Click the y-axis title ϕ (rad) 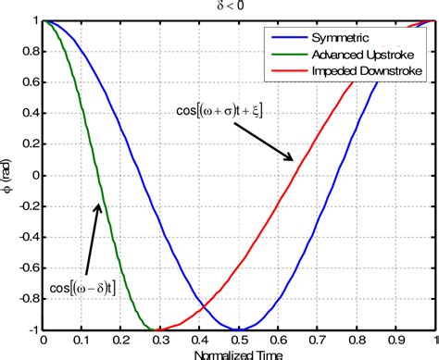9,175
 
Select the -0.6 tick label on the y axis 27,267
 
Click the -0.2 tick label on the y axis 27,205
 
